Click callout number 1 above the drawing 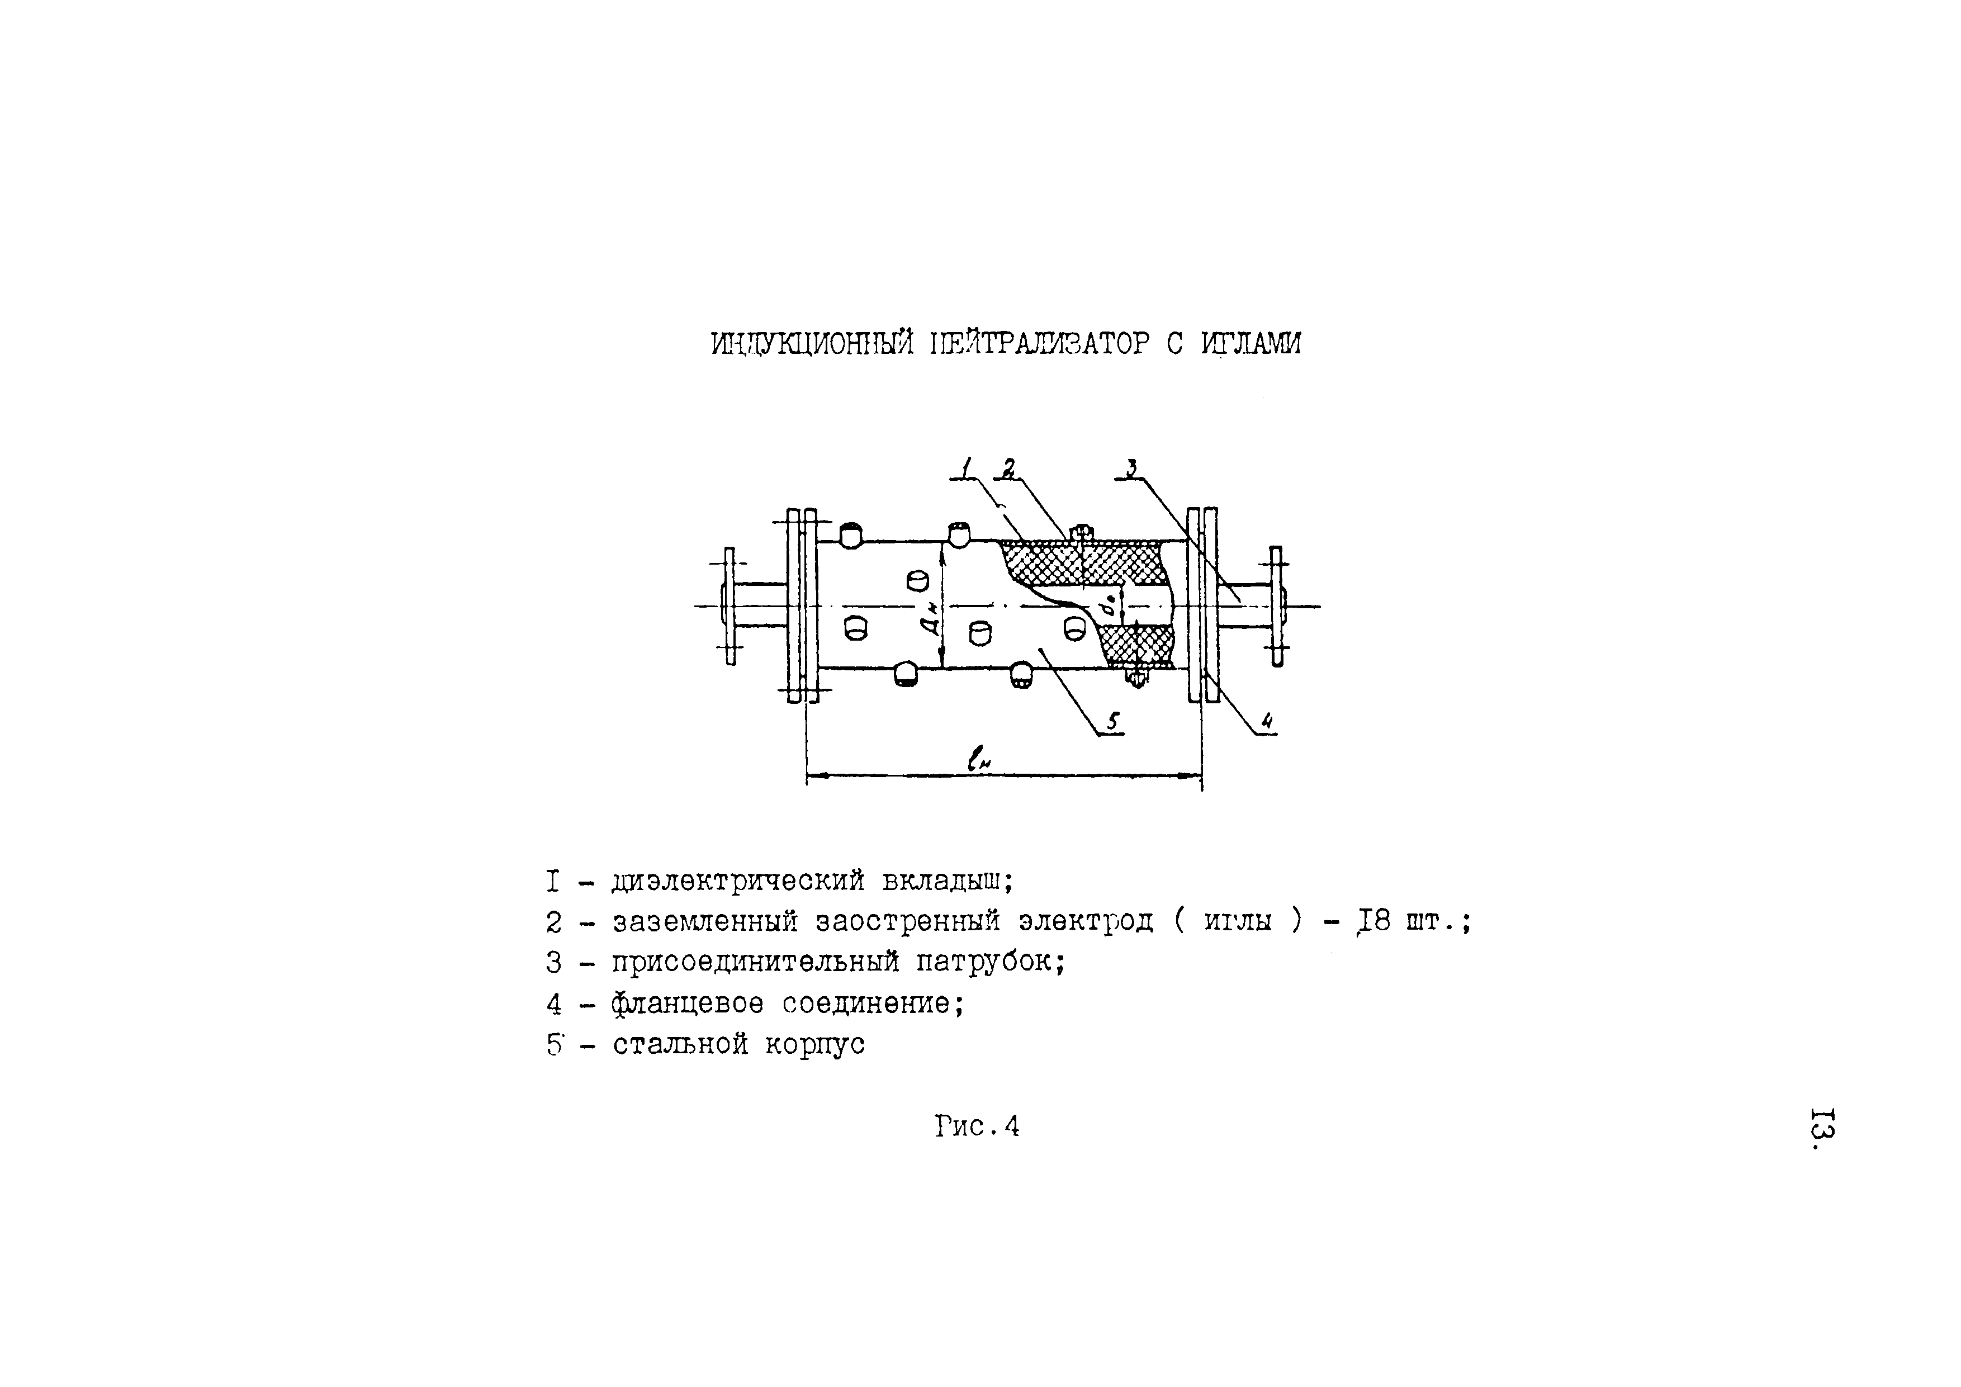tap(967, 469)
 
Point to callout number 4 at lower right tap(1267, 722)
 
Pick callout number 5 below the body tap(1113, 722)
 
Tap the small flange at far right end tap(1276, 605)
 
